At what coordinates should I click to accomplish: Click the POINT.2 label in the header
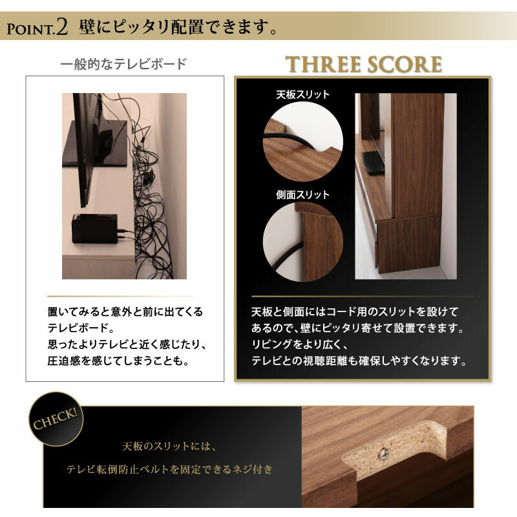click(37, 27)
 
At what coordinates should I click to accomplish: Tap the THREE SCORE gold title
click(364, 65)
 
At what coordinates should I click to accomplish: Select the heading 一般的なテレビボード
click(123, 64)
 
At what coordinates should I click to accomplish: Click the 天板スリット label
click(302, 94)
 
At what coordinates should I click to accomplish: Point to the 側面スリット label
click(302, 195)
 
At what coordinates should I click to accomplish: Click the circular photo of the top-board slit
click(302, 140)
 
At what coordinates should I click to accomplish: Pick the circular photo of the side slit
click(302, 241)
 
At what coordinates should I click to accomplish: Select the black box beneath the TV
click(95, 228)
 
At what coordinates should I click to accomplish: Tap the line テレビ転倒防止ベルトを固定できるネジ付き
click(170, 469)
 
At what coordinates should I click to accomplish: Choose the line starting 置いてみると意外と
click(125, 311)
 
